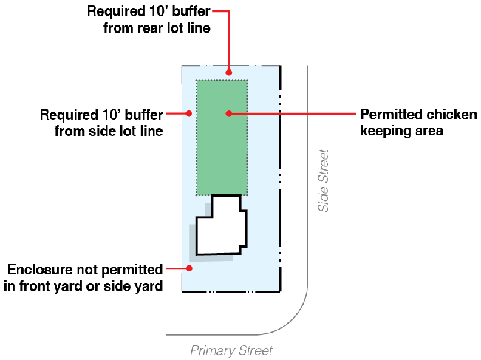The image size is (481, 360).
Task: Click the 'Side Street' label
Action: pos(323,181)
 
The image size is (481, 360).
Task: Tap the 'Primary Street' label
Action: pos(231,350)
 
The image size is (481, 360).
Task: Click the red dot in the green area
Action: pos(229,113)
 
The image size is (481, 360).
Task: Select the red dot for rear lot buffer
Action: pos(229,72)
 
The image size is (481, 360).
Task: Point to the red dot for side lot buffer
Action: pos(189,113)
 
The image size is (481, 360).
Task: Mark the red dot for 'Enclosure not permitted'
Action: pos(189,268)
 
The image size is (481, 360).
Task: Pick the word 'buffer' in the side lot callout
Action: pos(144,115)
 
